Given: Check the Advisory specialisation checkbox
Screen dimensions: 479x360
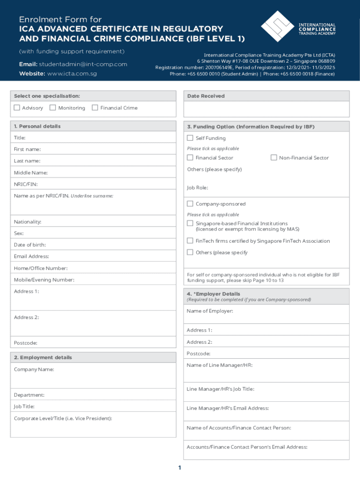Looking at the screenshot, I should [x=17, y=108].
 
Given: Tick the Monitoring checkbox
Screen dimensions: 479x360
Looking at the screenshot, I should [x=53, y=108].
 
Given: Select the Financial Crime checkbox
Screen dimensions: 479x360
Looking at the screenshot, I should [x=95, y=108].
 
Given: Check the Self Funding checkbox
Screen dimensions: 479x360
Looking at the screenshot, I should [x=190, y=138].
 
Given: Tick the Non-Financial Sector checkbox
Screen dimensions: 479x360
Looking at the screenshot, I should [x=274, y=158].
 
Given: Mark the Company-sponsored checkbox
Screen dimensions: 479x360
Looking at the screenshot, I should [x=190, y=204].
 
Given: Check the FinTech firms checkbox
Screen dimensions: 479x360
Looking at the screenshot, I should [x=190, y=240].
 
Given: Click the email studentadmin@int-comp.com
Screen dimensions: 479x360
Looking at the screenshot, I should [x=83, y=64].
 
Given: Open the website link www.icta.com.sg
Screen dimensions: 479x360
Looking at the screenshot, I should [x=72, y=74].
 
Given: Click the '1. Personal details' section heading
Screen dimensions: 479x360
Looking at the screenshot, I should [x=37, y=126].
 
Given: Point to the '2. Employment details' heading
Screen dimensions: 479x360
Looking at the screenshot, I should [x=43, y=357].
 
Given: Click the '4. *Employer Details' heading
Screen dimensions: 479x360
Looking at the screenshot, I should [x=213, y=294].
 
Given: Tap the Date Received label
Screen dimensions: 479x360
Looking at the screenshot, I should [x=206, y=96].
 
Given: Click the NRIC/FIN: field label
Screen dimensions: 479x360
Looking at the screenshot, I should [x=26, y=184].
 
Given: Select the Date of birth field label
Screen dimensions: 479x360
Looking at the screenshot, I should [x=30, y=245].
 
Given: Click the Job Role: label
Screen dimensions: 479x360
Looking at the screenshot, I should [x=197, y=188].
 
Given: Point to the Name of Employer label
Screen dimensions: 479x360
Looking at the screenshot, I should [x=209, y=311].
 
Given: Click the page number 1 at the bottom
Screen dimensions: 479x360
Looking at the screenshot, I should [x=180, y=468].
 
